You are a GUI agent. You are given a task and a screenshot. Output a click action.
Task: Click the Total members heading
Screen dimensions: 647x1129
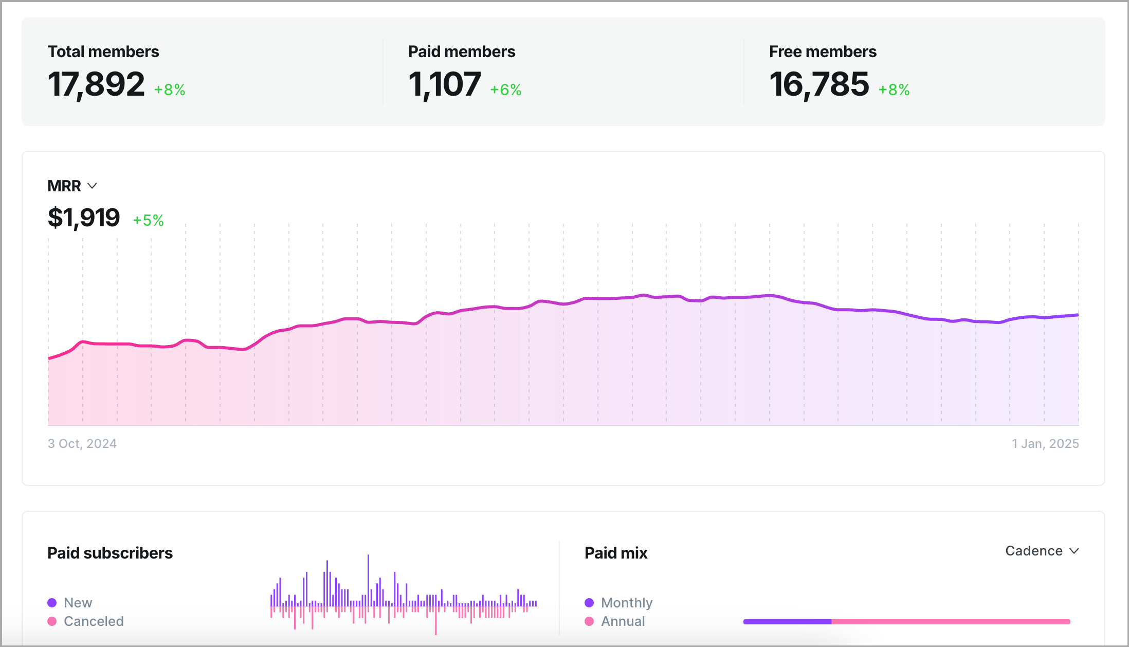pos(103,51)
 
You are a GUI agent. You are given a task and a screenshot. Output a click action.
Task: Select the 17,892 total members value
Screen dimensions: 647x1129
pos(96,84)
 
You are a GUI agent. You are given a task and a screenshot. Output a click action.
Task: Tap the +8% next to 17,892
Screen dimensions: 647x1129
pos(170,90)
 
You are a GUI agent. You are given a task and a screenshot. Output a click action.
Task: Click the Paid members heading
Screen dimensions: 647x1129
pos(461,51)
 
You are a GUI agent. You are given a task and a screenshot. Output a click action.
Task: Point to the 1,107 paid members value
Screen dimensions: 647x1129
pos(444,84)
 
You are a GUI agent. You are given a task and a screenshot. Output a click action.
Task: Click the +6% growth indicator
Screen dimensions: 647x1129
pos(505,90)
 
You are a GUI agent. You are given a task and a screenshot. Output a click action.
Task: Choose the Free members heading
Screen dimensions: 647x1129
pos(823,51)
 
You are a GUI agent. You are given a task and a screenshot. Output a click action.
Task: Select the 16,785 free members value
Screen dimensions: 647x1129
pos(819,84)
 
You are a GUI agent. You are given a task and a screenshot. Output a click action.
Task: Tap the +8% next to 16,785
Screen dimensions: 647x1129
pos(894,90)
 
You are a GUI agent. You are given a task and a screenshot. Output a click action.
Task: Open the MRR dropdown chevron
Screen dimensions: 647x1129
pos(93,186)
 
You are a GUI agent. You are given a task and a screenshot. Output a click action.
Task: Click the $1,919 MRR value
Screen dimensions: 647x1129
pos(84,218)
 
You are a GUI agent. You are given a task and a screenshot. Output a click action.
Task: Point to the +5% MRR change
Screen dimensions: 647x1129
pos(148,221)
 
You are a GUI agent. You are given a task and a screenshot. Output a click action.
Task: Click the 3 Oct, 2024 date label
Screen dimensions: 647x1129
pos(82,443)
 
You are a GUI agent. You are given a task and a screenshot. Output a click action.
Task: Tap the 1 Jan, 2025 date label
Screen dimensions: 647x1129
pos(1045,443)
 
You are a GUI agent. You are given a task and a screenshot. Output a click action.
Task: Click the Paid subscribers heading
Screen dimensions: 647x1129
pos(110,553)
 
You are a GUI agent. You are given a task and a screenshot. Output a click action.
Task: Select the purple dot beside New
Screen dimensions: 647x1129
pos(52,603)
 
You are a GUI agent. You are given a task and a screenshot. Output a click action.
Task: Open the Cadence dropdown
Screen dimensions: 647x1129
pos(1042,551)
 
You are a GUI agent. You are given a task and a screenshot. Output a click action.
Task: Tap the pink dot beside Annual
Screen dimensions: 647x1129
pos(589,621)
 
